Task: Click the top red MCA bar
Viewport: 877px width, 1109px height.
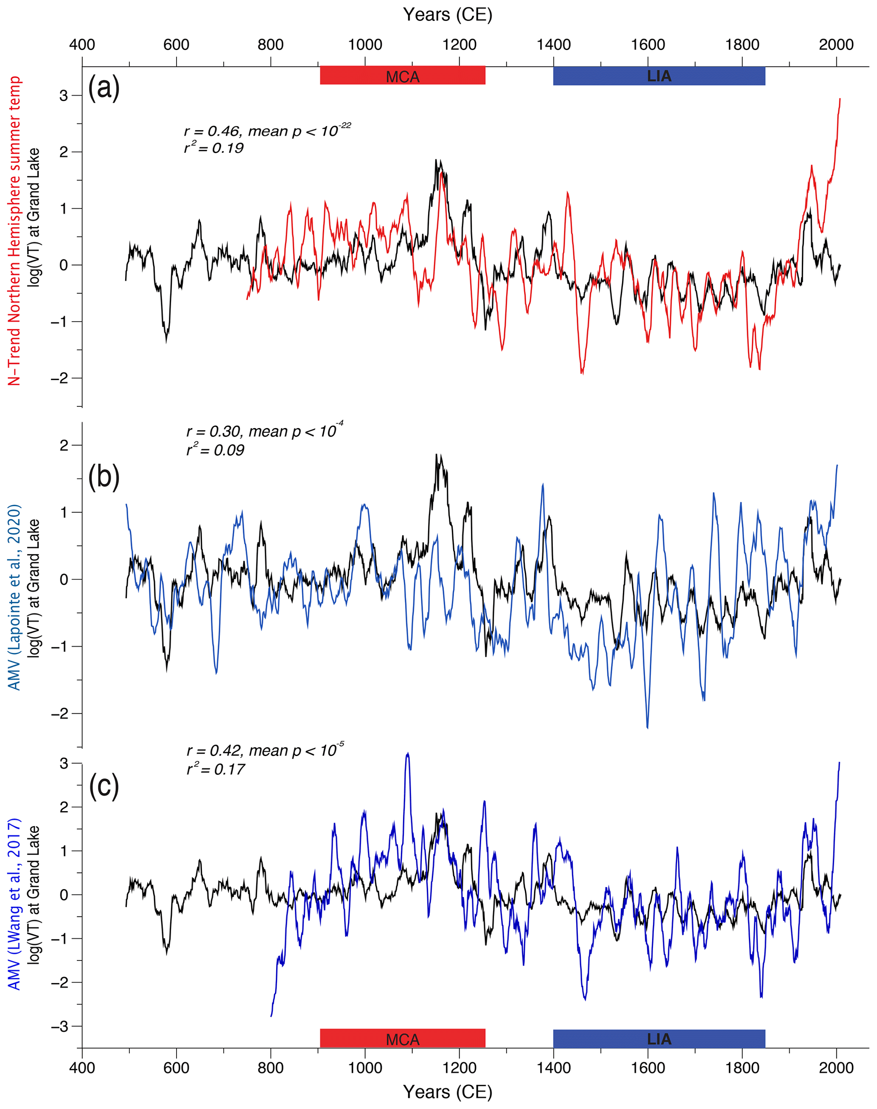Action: [403, 76]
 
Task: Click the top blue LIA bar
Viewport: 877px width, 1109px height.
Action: [659, 76]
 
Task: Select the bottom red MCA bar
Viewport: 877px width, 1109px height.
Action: [403, 1038]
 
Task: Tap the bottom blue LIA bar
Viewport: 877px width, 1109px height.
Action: [659, 1038]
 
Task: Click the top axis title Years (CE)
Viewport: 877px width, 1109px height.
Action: [447, 14]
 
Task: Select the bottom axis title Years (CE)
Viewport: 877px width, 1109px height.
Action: [447, 1092]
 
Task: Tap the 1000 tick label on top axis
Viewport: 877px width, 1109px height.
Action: [364, 45]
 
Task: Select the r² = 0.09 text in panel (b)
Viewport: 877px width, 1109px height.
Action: [215, 450]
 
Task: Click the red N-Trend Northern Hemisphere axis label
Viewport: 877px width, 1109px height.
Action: [14, 231]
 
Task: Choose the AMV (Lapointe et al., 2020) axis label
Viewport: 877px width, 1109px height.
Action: [14, 597]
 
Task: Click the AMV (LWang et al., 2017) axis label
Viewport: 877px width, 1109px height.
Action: [14, 904]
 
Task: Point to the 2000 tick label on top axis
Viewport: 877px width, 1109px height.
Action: [836, 45]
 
